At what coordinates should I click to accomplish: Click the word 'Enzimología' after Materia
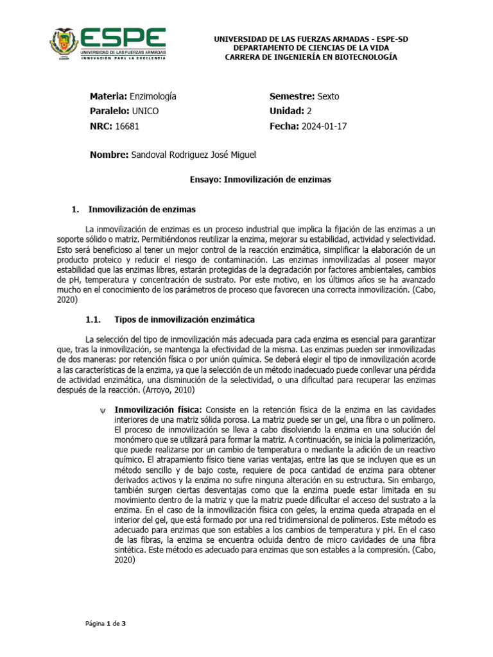click(153, 96)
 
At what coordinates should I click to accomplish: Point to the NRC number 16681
click(127, 126)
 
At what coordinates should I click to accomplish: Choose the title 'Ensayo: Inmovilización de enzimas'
click(261, 180)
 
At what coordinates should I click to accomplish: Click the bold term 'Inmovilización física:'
click(158, 410)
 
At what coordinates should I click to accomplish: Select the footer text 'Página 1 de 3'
click(106, 623)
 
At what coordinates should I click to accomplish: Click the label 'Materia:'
click(108, 96)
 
